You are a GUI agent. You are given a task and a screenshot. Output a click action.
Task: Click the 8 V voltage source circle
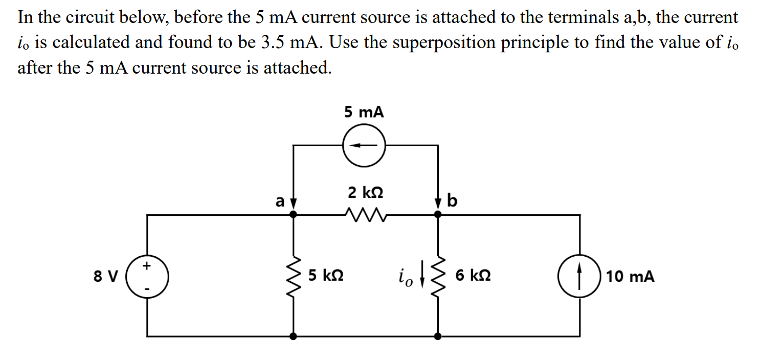pos(147,277)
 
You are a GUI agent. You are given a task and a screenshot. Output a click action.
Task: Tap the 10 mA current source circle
pos(579,277)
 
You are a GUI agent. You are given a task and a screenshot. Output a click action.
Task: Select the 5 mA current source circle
pos(364,145)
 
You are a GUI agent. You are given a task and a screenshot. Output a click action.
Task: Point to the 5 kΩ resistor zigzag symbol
pos(293,277)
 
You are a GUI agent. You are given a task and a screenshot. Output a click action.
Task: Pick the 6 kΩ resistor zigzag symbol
pos(437,277)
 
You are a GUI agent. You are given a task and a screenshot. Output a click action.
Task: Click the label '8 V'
pos(106,277)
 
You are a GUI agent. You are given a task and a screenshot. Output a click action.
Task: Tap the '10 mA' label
pos(630,277)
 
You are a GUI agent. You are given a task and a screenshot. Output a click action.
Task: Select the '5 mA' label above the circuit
pos(364,112)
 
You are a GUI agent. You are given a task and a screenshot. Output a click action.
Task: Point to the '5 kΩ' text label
pos(326,276)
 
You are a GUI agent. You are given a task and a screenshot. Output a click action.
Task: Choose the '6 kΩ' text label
pos(473,276)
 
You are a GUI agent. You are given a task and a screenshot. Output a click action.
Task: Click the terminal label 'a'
pos(279,201)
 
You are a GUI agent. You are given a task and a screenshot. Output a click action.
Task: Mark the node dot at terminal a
pos(293,215)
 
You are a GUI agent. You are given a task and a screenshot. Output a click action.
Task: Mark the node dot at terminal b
pos(437,215)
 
